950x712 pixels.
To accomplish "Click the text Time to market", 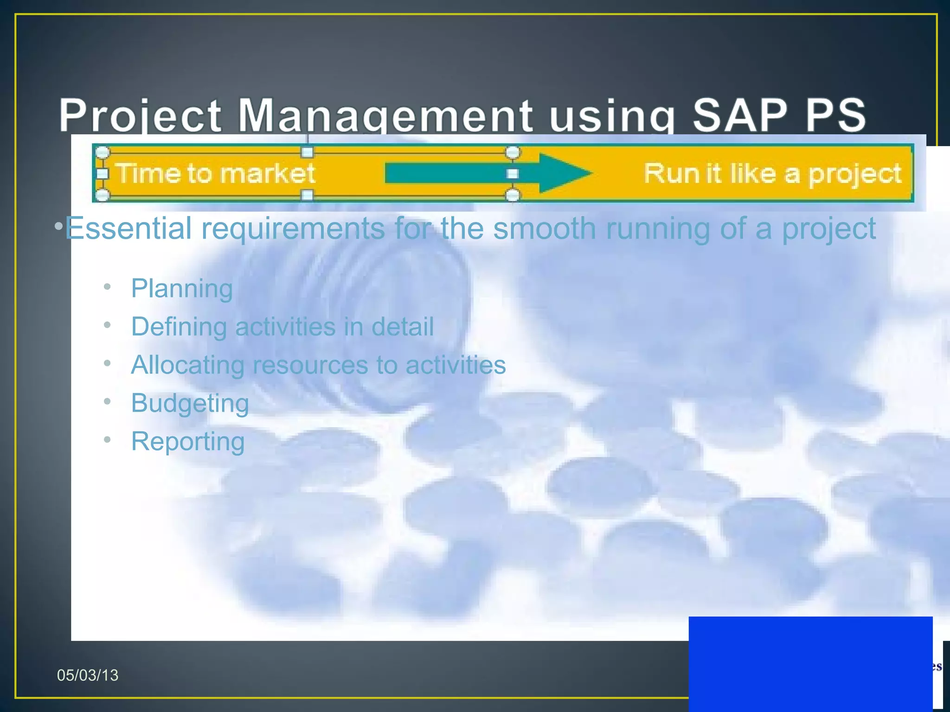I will click(x=215, y=173).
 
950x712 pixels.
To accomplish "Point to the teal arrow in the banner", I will click(x=487, y=173).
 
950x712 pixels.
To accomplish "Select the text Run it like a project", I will click(x=772, y=173).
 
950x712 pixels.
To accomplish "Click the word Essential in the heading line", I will click(x=128, y=228).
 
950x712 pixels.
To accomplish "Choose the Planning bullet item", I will click(x=182, y=288).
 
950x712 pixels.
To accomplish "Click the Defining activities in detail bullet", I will click(x=282, y=326).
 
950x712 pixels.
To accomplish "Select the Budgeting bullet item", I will click(x=190, y=403).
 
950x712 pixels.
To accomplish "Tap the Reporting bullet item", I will click(x=187, y=441).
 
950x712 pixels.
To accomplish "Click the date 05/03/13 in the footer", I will click(x=88, y=675).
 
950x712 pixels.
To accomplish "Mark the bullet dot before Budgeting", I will click(x=107, y=401).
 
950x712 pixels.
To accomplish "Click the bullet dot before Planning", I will click(x=107, y=287).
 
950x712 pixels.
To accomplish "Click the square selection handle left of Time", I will click(x=102, y=174).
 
